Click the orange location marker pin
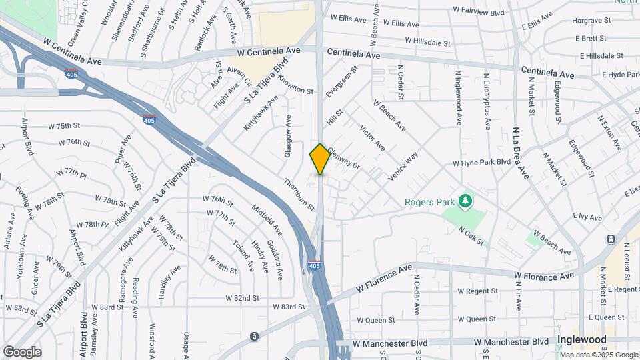320,159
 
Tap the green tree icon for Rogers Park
465,201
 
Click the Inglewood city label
583,340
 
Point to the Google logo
22,352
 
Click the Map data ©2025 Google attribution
597,355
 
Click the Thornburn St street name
299,195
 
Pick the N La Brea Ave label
521,153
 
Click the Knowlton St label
295,86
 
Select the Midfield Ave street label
267,220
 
